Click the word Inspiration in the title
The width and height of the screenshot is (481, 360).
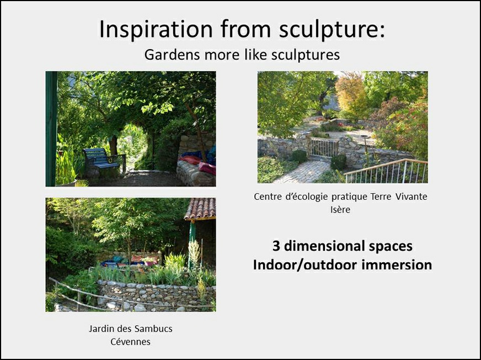(156, 29)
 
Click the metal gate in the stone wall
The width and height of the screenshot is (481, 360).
(324, 147)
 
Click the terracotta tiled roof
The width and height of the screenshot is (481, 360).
(200, 208)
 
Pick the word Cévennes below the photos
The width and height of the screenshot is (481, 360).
(130, 342)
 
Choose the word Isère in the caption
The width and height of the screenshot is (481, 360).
(340, 209)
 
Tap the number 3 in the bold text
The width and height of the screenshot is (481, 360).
(276, 246)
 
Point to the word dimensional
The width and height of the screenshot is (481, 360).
(322, 246)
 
